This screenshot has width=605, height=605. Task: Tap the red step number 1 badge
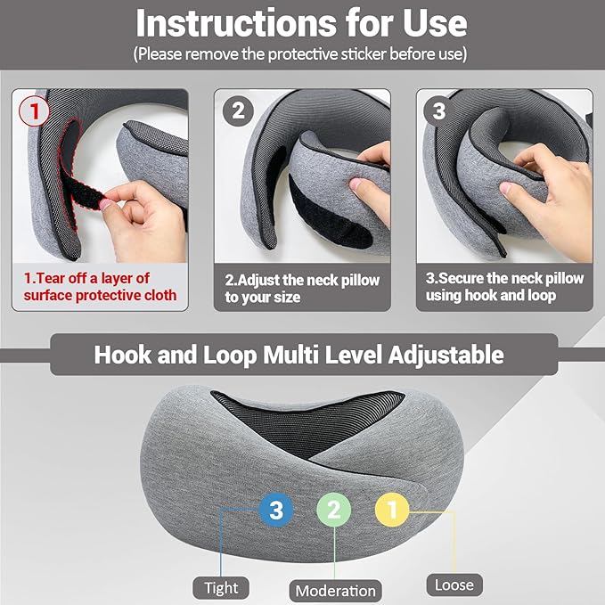(x=35, y=111)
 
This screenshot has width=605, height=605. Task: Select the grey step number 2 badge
(x=237, y=111)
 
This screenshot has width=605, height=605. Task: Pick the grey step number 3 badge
(x=438, y=111)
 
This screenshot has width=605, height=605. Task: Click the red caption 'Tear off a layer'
(x=100, y=287)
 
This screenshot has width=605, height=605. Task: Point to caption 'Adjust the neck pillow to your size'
(x=302, y=288)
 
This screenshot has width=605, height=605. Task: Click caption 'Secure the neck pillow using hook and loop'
(x=504, y=287)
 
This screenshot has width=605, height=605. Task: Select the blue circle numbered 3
(x=276, y=511)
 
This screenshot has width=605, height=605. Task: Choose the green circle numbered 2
(x=334, y=511)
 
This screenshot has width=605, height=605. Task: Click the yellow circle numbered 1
(x=391, y=511)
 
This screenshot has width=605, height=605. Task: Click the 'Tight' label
(x=221, y=587)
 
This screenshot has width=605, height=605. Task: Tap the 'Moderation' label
(x=336, y=590)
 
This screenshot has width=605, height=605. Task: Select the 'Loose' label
(x=454, y=585)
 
